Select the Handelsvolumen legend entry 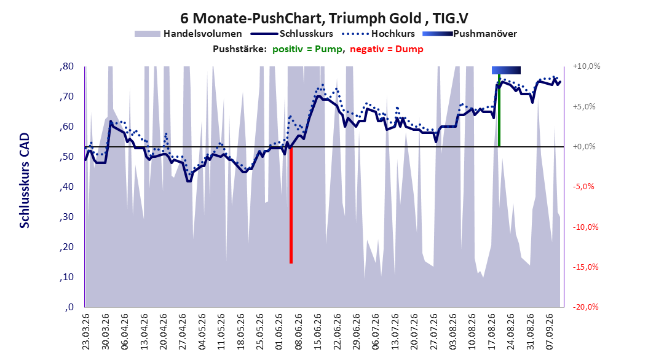189,34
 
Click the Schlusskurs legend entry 291,34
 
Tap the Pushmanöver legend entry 470,34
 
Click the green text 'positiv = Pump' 307,49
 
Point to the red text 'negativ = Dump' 387,49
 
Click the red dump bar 291,205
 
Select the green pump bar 499,110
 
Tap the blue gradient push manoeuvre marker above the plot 506,70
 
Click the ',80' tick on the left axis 66,66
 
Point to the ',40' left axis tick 66,187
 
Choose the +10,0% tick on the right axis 587,66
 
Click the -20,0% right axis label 585,307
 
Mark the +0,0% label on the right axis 584,147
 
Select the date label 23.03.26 85,332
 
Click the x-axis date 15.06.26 317,332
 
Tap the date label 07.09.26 549,332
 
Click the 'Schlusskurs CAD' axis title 25,181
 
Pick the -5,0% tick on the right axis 583,187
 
